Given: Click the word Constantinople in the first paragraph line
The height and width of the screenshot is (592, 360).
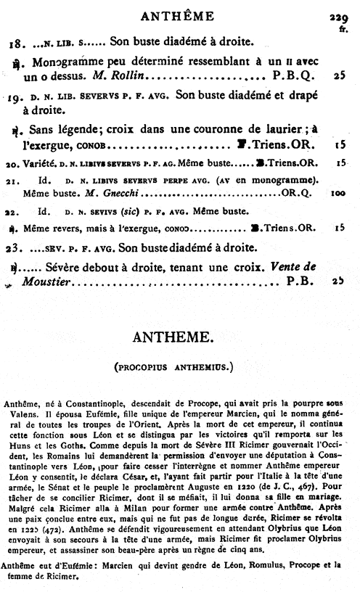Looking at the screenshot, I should click(97, 401).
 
